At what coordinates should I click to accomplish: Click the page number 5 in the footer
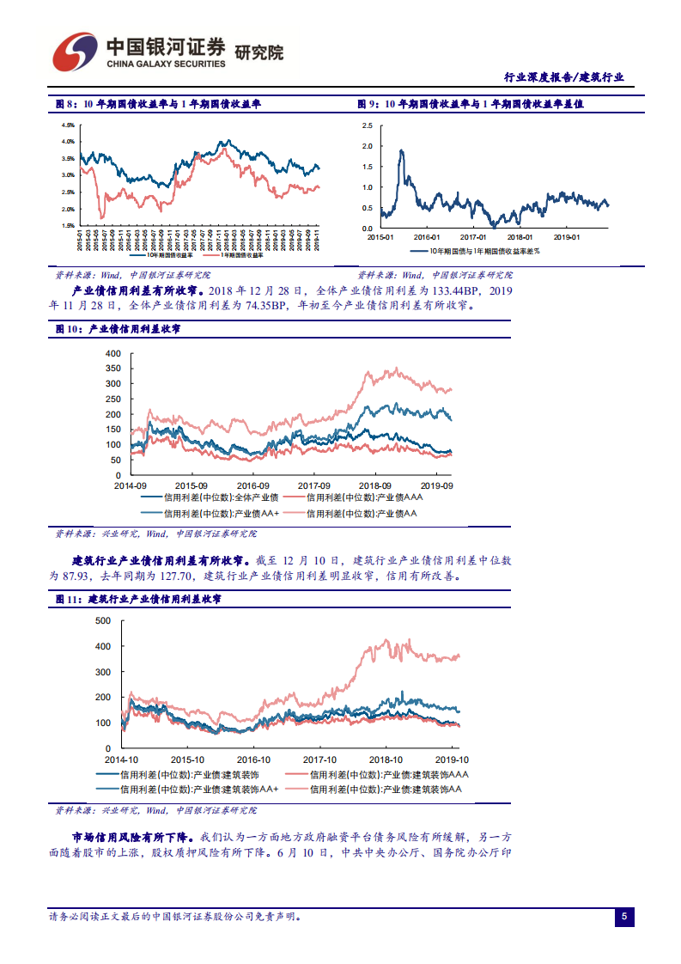coord(624,917)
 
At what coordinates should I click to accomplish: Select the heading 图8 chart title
coord(158,104)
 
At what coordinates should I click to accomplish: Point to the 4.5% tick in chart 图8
coord(67,125)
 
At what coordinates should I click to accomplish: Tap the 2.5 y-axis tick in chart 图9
coord(368,125)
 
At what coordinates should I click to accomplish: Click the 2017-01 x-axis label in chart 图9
coord(472,237)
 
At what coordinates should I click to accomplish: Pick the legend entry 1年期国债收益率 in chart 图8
coord(241,255)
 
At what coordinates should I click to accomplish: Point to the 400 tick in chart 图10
coord(113,354)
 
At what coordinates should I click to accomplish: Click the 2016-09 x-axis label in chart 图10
coord(253,485)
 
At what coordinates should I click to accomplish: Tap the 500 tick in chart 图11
coord(103,620)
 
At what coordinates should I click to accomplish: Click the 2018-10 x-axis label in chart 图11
coord(386,760)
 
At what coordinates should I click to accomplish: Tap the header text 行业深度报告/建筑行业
coord(562,77)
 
